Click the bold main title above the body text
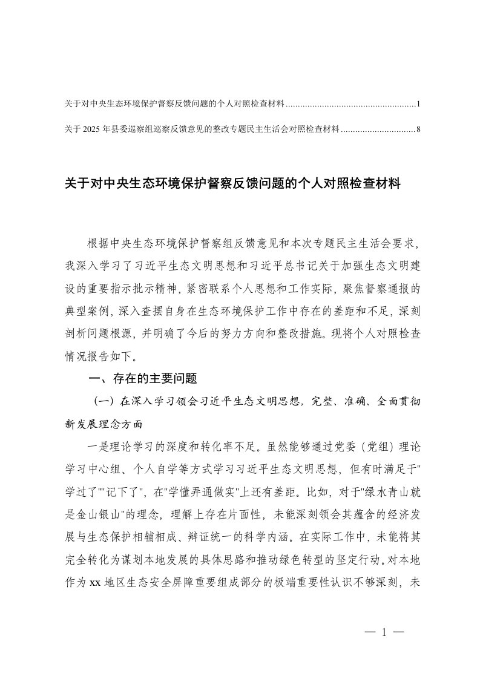(x=232, y=184)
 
